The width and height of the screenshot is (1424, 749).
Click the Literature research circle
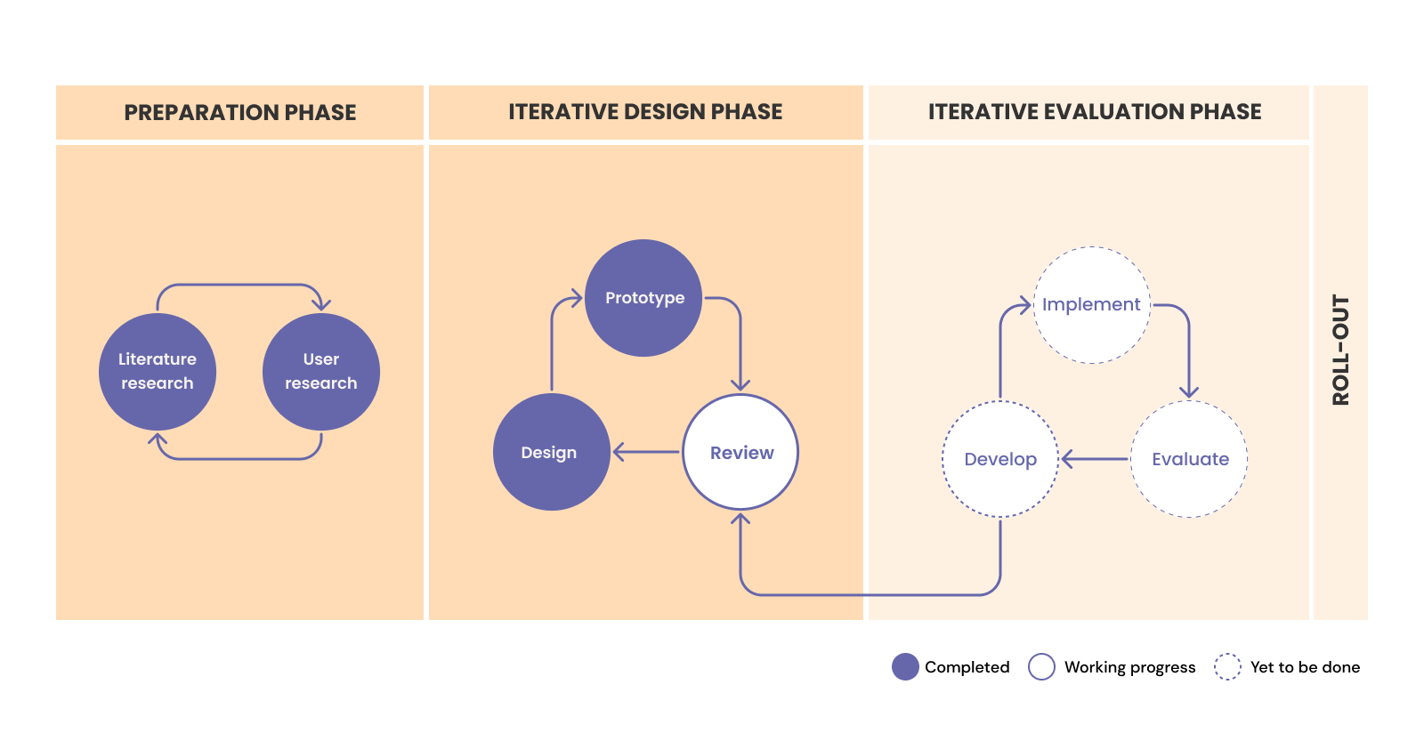[x=158, y=372]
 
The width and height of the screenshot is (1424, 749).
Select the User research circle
[x=321, y=372]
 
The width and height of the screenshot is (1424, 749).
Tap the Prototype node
[x=644, y=298]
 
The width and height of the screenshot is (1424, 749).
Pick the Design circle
[x=552, y=452]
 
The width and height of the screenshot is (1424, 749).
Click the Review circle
[x=740, y=452]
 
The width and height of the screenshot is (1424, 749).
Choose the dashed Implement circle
[x=1092, y=305]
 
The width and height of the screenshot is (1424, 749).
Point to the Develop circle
[x=1000, y=459]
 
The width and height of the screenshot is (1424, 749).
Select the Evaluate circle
[x=1189, y=459]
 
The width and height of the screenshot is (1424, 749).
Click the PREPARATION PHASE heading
[x=240, y=113]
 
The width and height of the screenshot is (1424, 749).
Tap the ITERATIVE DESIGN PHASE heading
[x=645, y=112]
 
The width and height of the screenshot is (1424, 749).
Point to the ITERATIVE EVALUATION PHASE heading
[x=1095, y=112]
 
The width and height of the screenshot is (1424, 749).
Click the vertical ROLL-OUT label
[x=1340, y=350]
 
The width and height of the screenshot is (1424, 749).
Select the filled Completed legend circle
[x=905, y=667]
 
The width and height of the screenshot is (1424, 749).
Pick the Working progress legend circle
[x=1041, y=667]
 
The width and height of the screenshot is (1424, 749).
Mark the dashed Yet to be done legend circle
[x=1227, y=667]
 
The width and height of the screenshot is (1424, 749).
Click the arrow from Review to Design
[x=647, y=452]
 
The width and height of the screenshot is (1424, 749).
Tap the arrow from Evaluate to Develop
[x=1095, y=459]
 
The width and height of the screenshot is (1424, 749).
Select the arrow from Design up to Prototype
[x=552, y=342]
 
